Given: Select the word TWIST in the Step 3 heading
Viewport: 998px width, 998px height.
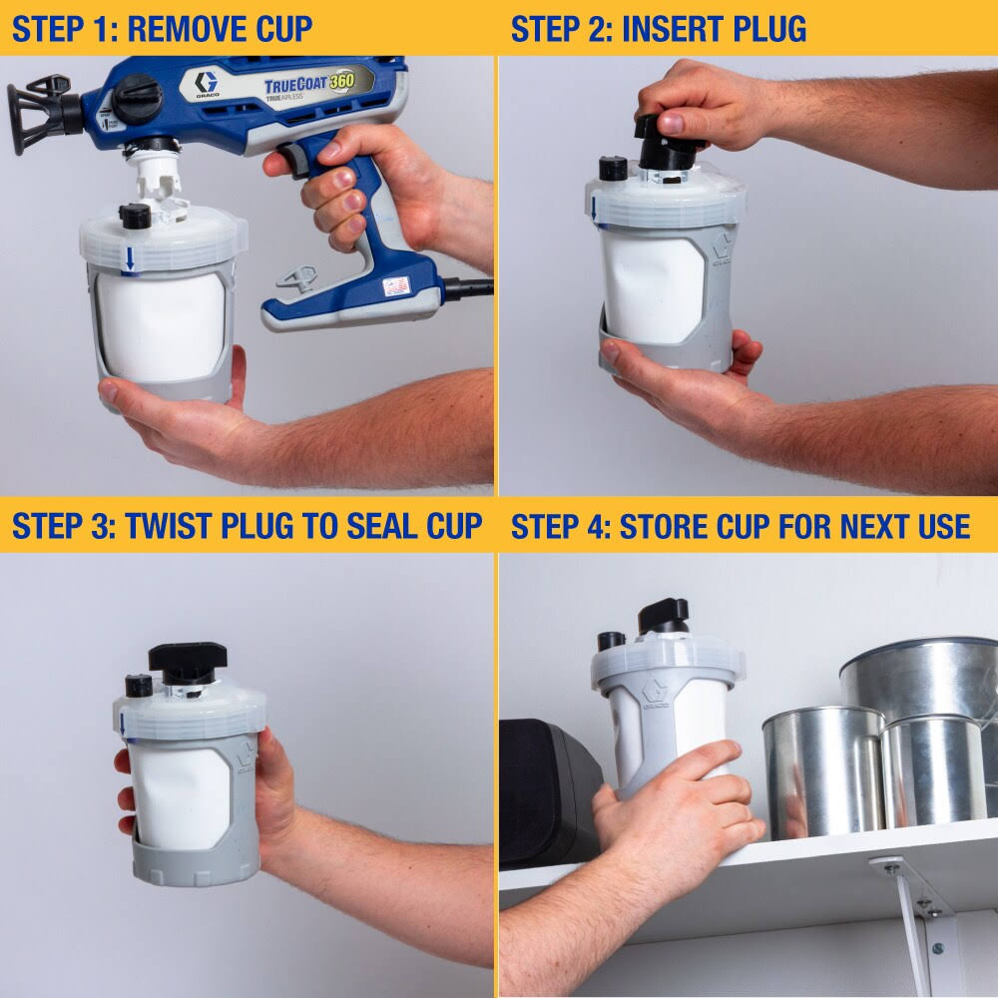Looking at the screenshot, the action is tap(165, 526).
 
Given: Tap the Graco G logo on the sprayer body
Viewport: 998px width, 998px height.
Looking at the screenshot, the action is tap(207, 84).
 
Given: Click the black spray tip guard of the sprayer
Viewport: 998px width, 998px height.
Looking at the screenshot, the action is tap(40, 115).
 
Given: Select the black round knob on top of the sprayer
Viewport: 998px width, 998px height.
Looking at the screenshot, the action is tap(136, 97).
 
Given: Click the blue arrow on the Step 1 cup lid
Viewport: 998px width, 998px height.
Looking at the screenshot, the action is tap(130, 258).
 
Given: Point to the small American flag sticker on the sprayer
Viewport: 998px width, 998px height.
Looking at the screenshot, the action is tap(396, 285).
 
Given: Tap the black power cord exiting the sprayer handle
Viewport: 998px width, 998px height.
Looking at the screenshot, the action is tap(468, 287).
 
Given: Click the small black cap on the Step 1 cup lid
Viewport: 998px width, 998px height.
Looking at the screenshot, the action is tap(135, 217).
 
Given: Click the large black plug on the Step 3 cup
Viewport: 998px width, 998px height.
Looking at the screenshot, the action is tap(188, 662).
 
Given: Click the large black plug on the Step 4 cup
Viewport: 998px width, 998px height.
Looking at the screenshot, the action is tap(664, 616).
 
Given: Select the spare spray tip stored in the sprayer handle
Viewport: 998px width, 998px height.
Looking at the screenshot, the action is tap(296, 278).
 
